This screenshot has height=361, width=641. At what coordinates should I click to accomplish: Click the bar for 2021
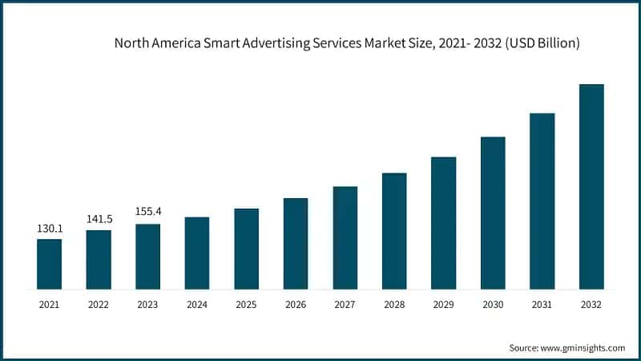point(49,264)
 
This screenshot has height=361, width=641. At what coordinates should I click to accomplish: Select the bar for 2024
point(197,253)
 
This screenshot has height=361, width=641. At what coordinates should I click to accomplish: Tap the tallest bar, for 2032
point(591,186)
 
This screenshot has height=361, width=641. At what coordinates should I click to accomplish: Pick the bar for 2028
point(394,231)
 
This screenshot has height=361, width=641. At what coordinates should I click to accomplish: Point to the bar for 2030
point(493,213)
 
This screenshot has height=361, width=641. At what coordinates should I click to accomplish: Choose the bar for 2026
point(296,243)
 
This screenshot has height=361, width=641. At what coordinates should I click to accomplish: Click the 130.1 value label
point(49,229)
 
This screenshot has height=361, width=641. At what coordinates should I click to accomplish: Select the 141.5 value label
point(99,219)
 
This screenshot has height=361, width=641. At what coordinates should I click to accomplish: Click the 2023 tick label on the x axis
point(147,305)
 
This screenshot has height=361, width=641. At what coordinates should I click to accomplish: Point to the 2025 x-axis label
point(246,305)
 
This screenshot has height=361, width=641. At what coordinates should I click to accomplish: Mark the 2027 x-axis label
point(345,305)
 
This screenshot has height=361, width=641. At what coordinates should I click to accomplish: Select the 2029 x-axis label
point(443,305)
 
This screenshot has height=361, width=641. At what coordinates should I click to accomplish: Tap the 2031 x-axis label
point(542,305)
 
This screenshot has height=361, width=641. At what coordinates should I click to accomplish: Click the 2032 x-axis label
point(591,305)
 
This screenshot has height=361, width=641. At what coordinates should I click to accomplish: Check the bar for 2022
point(99,259)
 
